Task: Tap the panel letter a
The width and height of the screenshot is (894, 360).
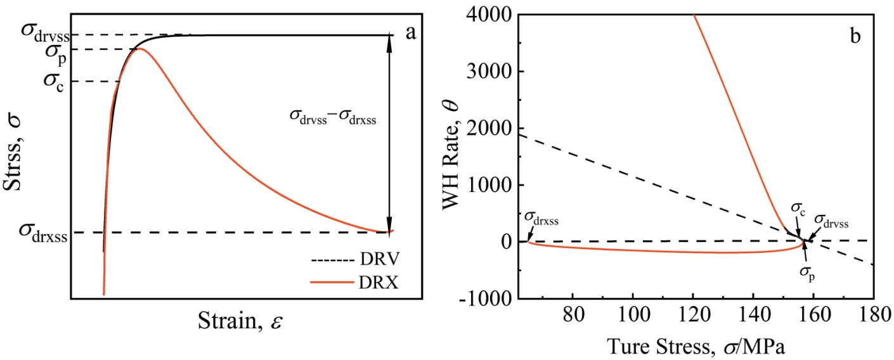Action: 411,34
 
